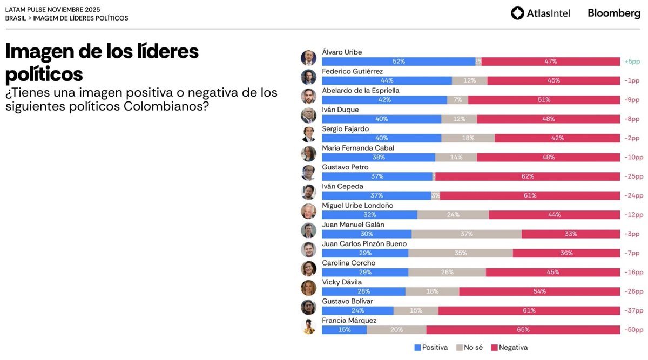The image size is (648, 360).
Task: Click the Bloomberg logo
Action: [613, 13]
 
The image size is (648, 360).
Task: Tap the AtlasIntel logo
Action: [540, 13]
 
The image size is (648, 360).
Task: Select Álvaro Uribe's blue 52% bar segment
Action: [399, 62]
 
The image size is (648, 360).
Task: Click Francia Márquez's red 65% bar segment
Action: [523, 330]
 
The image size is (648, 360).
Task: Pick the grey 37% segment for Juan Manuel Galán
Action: [467, 234]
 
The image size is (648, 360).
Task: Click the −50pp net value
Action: [633, 330]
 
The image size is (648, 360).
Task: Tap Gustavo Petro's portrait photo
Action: [308, 173]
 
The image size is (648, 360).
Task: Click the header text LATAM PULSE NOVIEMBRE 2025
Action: [52, 10]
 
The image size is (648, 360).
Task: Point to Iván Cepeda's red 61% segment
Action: [529, 195]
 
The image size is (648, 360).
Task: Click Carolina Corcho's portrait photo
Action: [308, 268]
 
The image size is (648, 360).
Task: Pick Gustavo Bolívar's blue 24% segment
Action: [357, 310]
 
